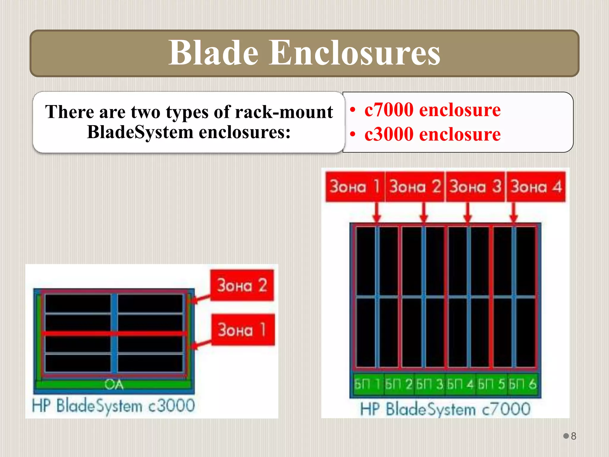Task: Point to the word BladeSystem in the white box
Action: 140,132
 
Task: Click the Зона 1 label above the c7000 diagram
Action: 355,187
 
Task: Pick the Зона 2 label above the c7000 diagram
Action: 415,187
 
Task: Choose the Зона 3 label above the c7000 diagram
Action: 475,187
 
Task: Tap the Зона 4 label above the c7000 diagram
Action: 536,187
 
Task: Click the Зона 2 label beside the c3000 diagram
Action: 242,285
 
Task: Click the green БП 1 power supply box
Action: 368,384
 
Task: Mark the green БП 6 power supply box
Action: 522,384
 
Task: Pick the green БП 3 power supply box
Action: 429,384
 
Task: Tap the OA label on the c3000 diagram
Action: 114,384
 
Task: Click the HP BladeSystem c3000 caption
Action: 113,406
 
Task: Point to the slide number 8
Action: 573,436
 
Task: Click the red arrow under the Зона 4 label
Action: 514,212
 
